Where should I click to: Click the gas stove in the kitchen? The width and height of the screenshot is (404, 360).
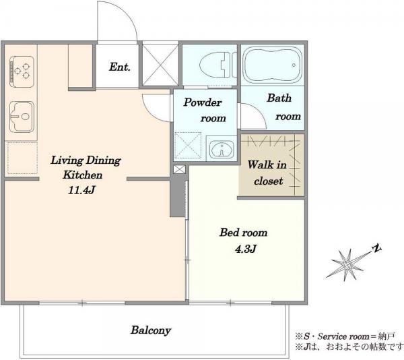[x=22, y=71]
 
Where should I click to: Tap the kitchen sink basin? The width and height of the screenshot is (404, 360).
[x=22, y=117]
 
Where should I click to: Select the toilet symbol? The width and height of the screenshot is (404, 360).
[x=218, y=65]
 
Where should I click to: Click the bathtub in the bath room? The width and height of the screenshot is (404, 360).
[x=273, y=65]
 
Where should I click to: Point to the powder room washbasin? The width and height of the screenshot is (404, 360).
[x=222, y=149]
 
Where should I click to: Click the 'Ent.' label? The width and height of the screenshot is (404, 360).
[x=120, y=67]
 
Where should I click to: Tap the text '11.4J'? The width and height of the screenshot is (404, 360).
[x=81, y=190]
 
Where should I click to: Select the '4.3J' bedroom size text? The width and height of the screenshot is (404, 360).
[x=246, y=249]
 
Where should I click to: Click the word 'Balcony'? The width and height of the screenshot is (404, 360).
[x=151, y=330]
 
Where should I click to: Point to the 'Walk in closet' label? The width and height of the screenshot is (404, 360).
[x=267, y=173]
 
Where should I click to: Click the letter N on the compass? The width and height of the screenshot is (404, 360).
[x=377, y=248]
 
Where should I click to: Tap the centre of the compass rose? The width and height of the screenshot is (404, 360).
[x=347, y=265]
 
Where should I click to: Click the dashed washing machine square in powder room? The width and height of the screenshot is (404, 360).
[x=188, y=145]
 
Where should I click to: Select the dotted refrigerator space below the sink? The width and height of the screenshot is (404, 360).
[x=22, y=158]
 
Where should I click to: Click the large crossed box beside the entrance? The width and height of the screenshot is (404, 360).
[x=160, y=65]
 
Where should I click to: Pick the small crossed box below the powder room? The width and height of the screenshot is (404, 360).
[x=179, y=169]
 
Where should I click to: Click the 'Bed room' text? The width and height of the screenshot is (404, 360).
[x=244, y=233]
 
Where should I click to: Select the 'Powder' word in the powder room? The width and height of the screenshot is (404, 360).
[x=203, y=102]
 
